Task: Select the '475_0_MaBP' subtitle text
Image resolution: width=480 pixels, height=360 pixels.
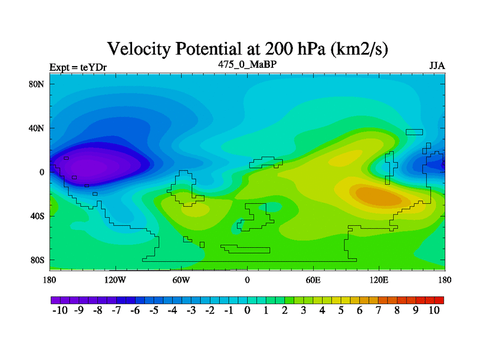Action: click(247, 64)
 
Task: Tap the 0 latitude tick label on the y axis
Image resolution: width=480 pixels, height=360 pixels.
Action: click(42, 172)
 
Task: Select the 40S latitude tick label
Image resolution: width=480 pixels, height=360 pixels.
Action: click(37, 216)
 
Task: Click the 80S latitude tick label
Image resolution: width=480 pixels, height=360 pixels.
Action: click(37, 260)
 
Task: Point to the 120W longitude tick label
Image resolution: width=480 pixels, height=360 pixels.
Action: click(115, 280)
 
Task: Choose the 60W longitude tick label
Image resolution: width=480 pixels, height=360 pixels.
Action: click(181, 280)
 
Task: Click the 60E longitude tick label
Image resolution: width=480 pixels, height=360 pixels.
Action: click(313, 280)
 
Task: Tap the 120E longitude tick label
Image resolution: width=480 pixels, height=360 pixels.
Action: click(379, 280)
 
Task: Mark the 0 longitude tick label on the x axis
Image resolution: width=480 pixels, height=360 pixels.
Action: click(247, 280)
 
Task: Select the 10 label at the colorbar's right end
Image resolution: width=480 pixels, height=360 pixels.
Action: click(434, 310)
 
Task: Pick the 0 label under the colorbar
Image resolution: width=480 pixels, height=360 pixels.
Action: click(247, 310)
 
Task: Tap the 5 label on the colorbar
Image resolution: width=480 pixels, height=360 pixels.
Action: click(341, 310)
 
